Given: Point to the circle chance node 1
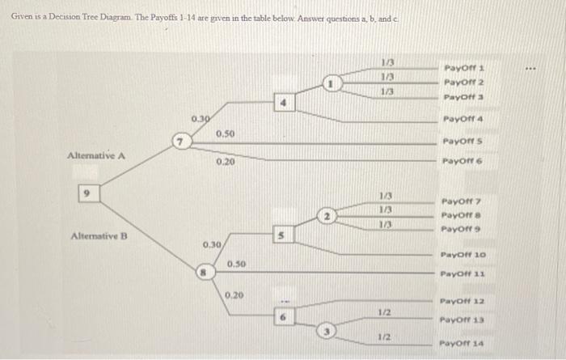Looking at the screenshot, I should click(330, 83).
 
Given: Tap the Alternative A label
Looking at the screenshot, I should click(95, 155).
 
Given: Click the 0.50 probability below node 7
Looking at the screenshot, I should click(226, 133).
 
